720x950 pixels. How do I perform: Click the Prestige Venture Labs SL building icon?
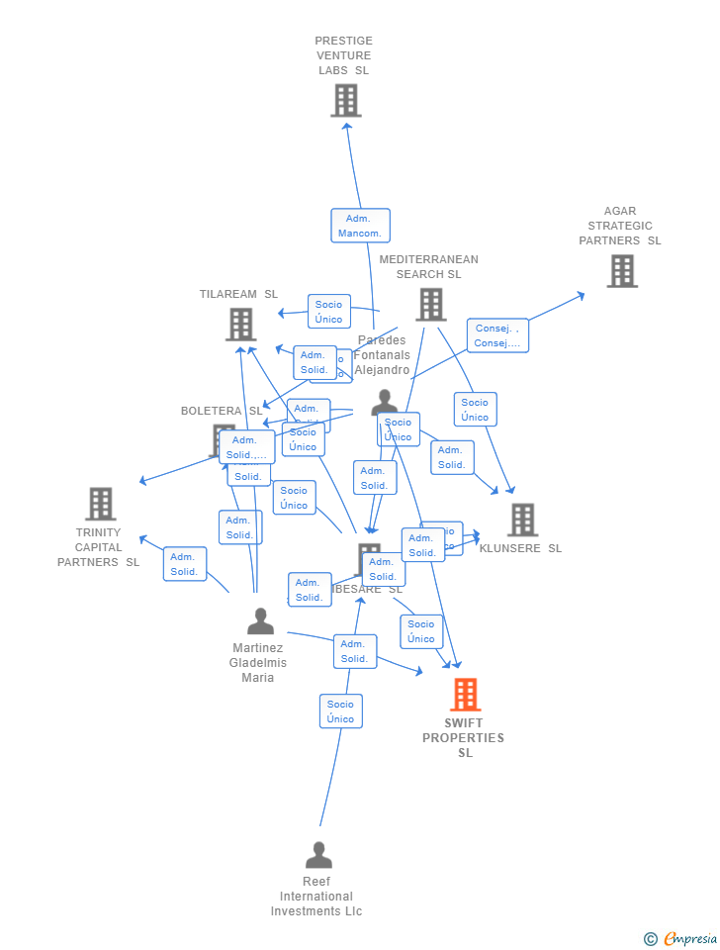[346, 101]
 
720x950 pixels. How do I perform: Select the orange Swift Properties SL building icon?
[466, 695]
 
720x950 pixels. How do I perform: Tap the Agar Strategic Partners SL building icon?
[622, 271]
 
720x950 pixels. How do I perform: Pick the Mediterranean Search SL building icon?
[430, 305]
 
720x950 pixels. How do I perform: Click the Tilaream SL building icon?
[240, 325]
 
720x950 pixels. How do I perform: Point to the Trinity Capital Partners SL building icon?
[100, 504]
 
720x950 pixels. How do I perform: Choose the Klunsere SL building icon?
[522, 520]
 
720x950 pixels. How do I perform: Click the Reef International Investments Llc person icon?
[318, 855]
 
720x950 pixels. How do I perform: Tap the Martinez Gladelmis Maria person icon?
[260, 621]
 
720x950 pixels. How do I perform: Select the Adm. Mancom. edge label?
[360, 226]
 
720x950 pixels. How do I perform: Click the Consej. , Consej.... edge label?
[497, 335]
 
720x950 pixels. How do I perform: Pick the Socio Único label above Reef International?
[341, 712]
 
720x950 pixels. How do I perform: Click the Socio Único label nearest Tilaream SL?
[329, 312]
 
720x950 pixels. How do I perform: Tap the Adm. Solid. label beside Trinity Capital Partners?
[185, 564]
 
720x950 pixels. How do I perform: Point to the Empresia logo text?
[689, 938]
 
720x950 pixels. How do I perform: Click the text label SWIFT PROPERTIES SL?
[464, 738]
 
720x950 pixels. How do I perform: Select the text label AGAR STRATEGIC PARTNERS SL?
[620, 226]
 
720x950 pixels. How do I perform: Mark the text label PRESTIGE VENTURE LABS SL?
[344, 55]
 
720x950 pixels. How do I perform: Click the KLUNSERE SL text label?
[520, 548]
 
